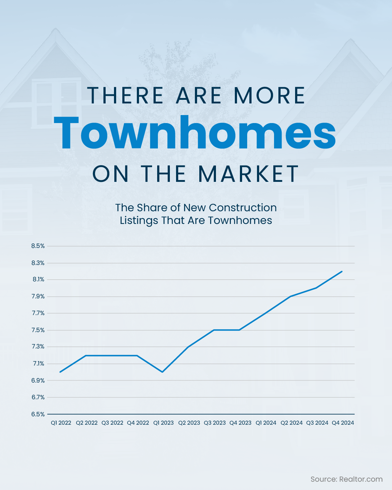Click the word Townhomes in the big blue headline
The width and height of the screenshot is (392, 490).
coord(195,132)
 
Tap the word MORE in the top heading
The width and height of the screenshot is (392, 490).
coord(269,95)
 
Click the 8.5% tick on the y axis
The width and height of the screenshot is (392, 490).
coord(38,246)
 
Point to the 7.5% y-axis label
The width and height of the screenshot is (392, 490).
coord(38,330)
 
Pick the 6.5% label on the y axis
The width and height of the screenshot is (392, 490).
coord(38,414)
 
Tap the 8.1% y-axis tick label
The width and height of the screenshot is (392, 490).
coord(38,279)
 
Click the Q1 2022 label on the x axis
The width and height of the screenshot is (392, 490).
coord(61,423)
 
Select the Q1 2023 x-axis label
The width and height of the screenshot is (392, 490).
coord(163,423)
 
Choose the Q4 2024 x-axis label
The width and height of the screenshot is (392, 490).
coord(343,423)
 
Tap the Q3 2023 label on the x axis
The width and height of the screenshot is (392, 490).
coord(215,423)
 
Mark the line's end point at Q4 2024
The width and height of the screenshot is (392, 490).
coord(342,271)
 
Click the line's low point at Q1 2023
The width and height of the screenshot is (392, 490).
coord(162,372)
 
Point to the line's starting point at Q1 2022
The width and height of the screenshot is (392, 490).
coord(60,372)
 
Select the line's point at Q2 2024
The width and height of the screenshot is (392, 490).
coord(291,297)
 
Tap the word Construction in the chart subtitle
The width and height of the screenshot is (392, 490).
coord(242,208)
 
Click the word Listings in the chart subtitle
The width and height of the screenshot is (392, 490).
coord(139,220)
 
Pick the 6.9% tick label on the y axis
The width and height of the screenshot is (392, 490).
coord(38,380)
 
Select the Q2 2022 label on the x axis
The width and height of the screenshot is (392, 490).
coord(86,423)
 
